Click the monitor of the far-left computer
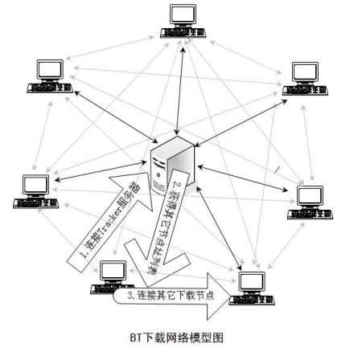pos(35,183)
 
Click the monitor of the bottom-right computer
pos(252,281)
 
